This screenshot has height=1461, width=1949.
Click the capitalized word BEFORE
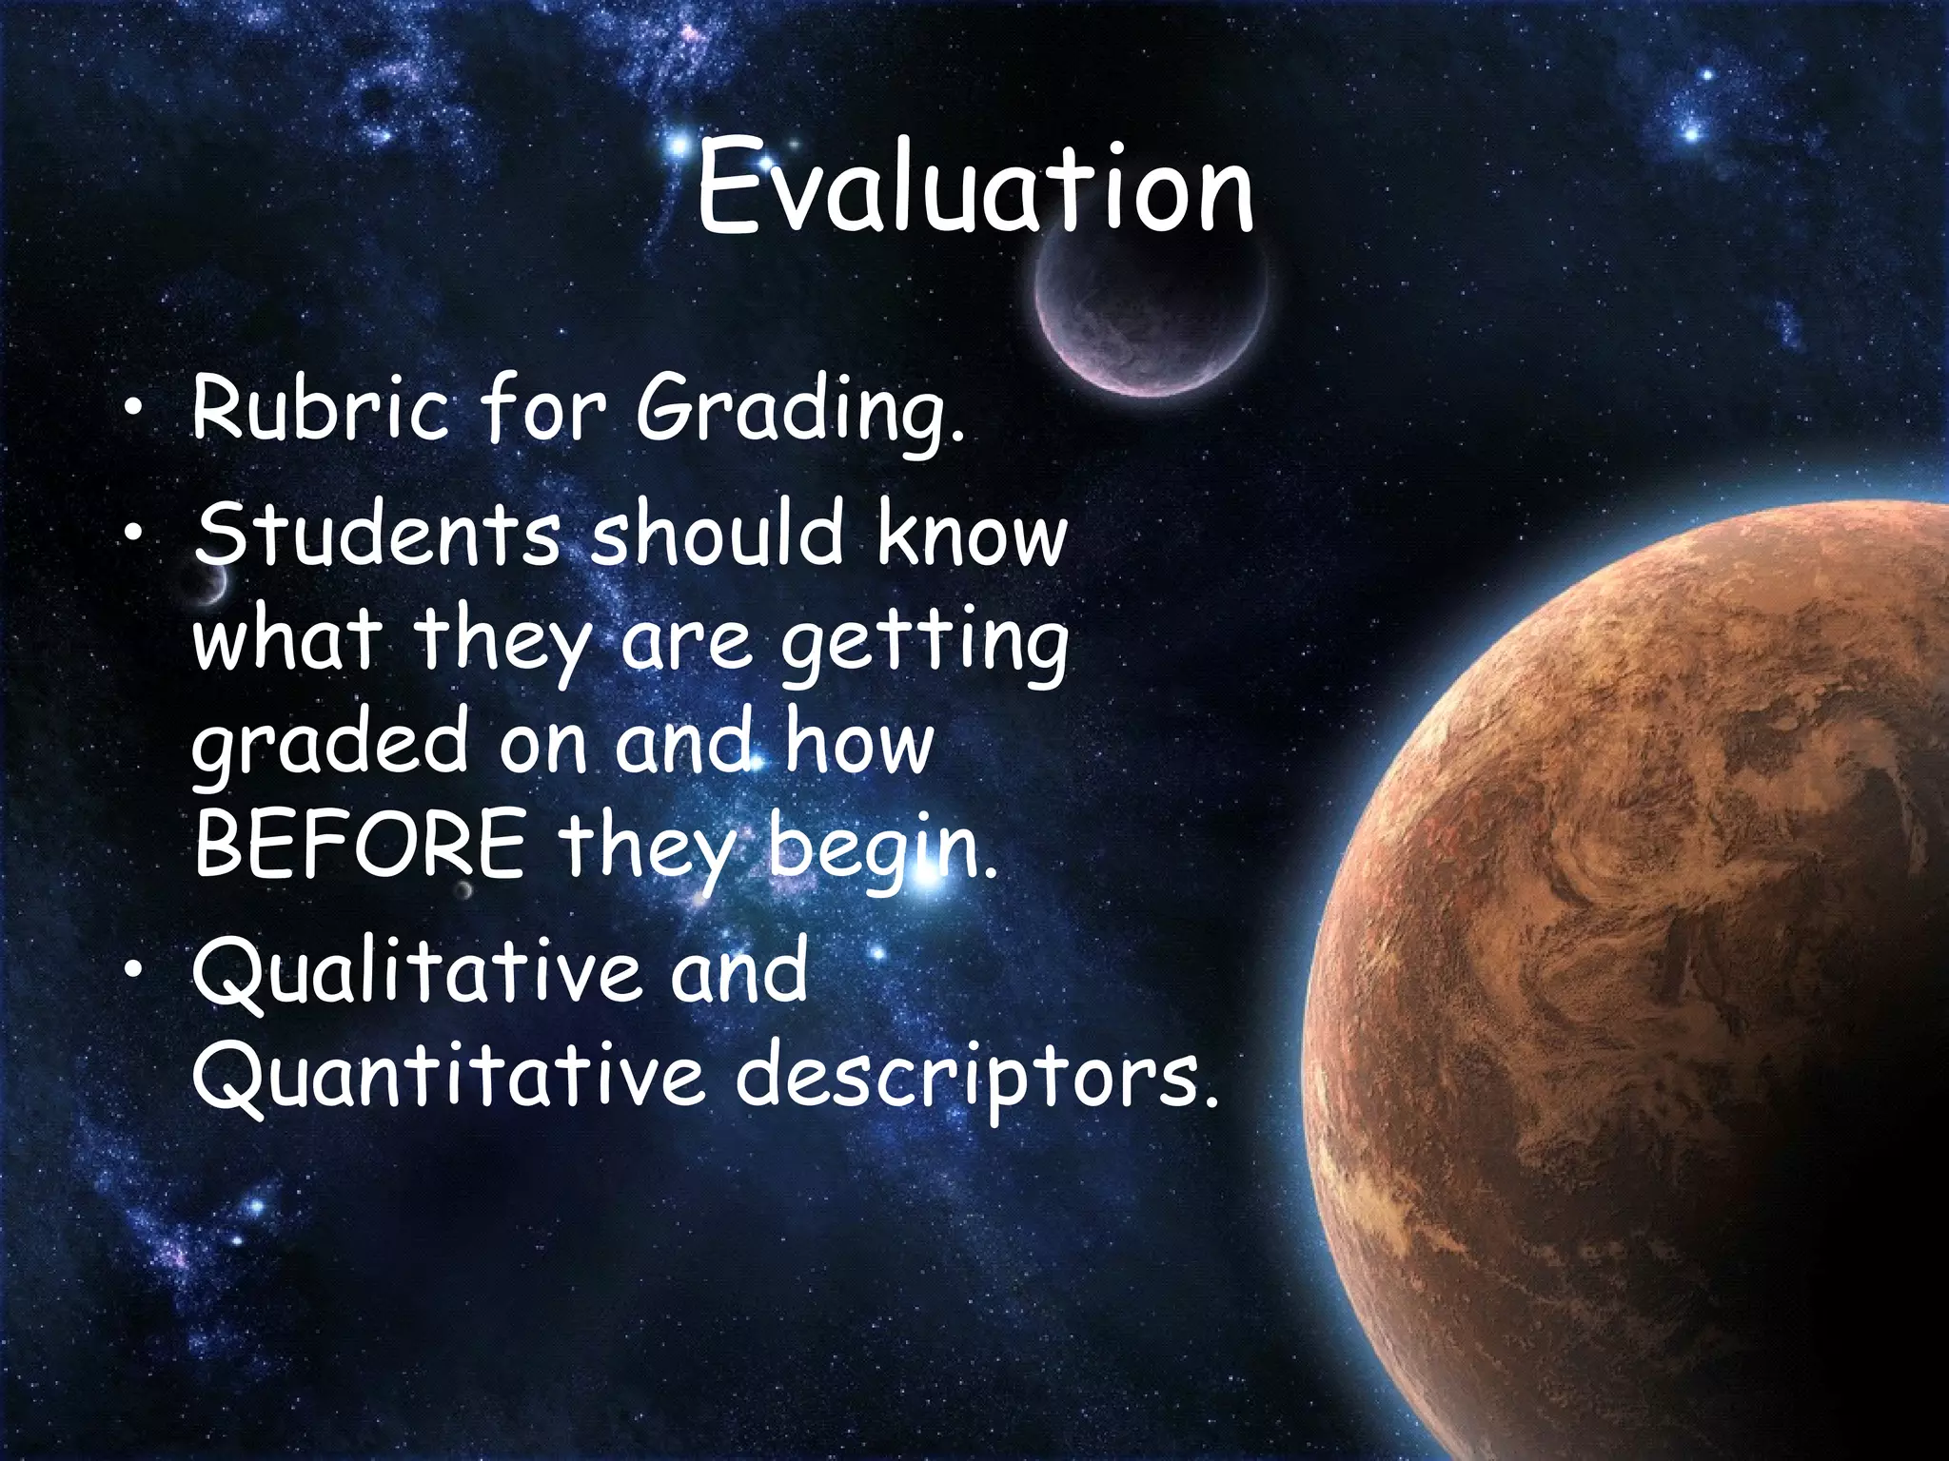coord(360,845)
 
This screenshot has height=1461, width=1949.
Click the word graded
coord(329,746)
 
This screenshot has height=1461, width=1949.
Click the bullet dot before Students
coord(134,533)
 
